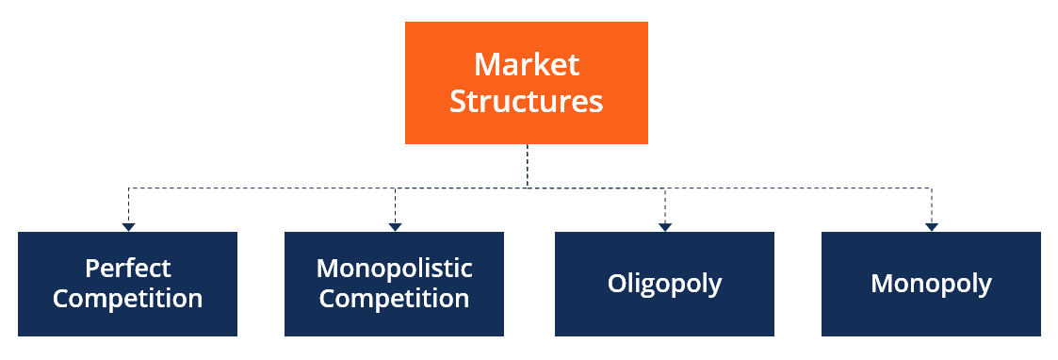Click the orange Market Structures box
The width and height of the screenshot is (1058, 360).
tap(526, 83)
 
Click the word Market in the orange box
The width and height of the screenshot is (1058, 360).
tap(526, 65)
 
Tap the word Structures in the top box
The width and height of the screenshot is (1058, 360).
tap(526, 101)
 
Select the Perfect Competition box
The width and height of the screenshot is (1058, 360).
tap(127, 284)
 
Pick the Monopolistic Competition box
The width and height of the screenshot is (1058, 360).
tap(394, 284)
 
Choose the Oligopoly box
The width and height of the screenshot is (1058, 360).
tap(664, 284)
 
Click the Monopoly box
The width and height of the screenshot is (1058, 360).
tap(931, 284)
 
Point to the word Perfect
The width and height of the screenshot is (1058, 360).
tap(128, 268)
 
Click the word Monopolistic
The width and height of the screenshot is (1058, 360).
tap(394, 268)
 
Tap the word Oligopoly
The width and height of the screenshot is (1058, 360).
tap(664, 283)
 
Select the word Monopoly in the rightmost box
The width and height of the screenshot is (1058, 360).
tap(931, 283)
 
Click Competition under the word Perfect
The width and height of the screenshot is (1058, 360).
tap(127, 300)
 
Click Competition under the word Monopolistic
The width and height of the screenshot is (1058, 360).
tap(394, 300)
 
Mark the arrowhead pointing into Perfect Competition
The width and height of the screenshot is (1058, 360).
tap(128, 226)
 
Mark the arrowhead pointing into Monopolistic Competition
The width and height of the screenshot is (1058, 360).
tap(395, 226)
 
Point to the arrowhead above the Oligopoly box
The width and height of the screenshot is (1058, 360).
tap(664, 226)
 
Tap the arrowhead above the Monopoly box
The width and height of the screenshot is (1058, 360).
tap(931, 226)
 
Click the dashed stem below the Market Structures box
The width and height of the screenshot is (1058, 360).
tap(527, 166)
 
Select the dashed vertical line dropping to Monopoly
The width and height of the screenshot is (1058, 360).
tap(931, 205)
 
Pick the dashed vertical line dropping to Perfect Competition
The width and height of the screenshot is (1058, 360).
tap(128, 205)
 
